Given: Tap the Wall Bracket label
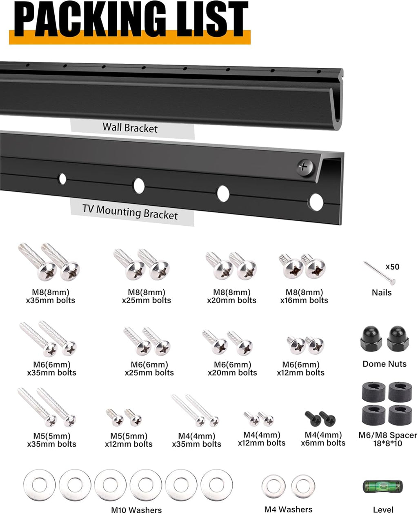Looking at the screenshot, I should pyautogui.click(x=130, y=128).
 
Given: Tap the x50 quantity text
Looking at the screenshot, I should pyautogui.click(x=392, y=267).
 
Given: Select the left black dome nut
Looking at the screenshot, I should pyautogui.click(x=371, y=338).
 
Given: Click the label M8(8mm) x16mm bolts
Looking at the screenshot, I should pyautogui.click(x=304, y=296).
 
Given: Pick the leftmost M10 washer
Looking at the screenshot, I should pyautogui.click(x=40, y=485).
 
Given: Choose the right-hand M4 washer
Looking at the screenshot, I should pyautogui.click(x=303, y=486).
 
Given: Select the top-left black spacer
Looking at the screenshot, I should pyautogui.click(x=374, y=392).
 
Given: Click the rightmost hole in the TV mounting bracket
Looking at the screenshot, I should pyautogui.click(x=316, y=202).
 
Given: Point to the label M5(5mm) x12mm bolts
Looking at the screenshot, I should pyautogui.click(x=129, y=440).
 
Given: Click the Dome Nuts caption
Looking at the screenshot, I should pyautogui.click(x=385, y=364).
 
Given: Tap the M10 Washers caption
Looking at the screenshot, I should pyautogui.click(x=136, y=510).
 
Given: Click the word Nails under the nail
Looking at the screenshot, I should pyautogui.click(x=381, y=293).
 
